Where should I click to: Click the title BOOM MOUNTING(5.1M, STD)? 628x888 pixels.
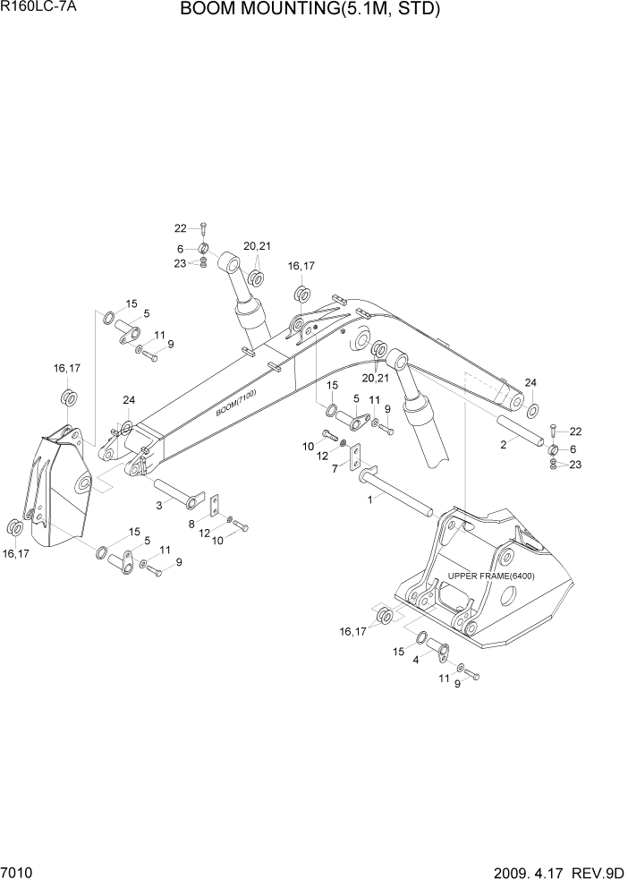click(x=310, y=11)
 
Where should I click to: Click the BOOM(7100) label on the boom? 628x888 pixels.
click(x=235, y=406)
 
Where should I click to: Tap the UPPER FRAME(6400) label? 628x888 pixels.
click(x=490, y=576)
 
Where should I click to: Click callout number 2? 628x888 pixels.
click(x=504, y=444)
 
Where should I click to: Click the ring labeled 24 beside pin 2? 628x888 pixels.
click(x=532, y=410)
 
